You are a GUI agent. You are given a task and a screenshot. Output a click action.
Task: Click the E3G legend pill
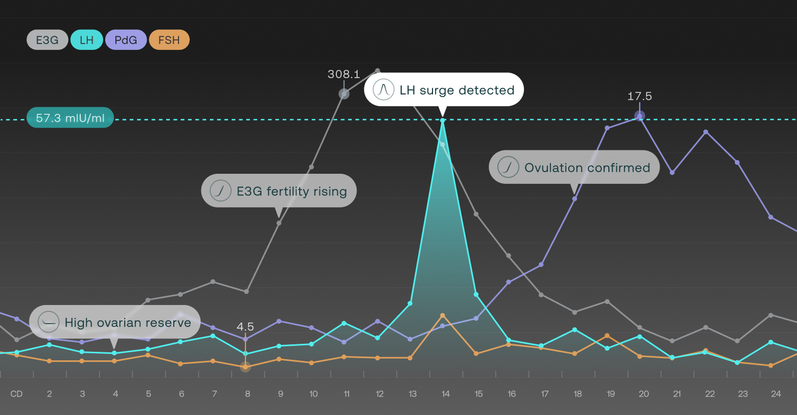click(47, 40)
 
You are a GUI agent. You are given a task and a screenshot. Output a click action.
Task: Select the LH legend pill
click(87, 40)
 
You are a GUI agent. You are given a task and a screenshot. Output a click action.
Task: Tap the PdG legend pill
click(126, 40)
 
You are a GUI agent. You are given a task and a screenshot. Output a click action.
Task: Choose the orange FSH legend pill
click(169, 40)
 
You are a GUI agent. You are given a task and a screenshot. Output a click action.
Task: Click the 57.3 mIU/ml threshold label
click(70, 118)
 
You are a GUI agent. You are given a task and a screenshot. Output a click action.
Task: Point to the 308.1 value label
click(344, 74)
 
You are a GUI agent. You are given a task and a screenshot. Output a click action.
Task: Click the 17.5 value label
click(640, 96)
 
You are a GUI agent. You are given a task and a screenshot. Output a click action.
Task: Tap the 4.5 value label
click(245, 327)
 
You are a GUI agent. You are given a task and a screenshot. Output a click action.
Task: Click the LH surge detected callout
click(444, 90)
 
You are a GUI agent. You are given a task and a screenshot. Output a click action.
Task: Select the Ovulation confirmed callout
click(574, 168)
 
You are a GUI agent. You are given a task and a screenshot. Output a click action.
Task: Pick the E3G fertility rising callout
click(278, 191)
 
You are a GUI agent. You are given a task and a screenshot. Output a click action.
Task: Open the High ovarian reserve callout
click(115, 323)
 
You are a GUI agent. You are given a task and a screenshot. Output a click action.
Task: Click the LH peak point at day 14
click(443, 121)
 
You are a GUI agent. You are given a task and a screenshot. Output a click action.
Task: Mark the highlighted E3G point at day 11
click(344, 94)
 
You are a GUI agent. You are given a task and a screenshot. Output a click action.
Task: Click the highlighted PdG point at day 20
click(640, 116)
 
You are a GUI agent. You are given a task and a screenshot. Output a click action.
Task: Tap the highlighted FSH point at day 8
click(245, 367)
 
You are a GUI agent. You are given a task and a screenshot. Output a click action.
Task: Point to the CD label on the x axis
click(16, 394)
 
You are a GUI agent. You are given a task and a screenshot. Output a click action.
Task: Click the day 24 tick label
click(776, 394)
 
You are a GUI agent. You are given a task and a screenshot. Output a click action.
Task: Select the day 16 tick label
click(512, 394)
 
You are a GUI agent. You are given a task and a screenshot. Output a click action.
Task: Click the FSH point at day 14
click(443, 316)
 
